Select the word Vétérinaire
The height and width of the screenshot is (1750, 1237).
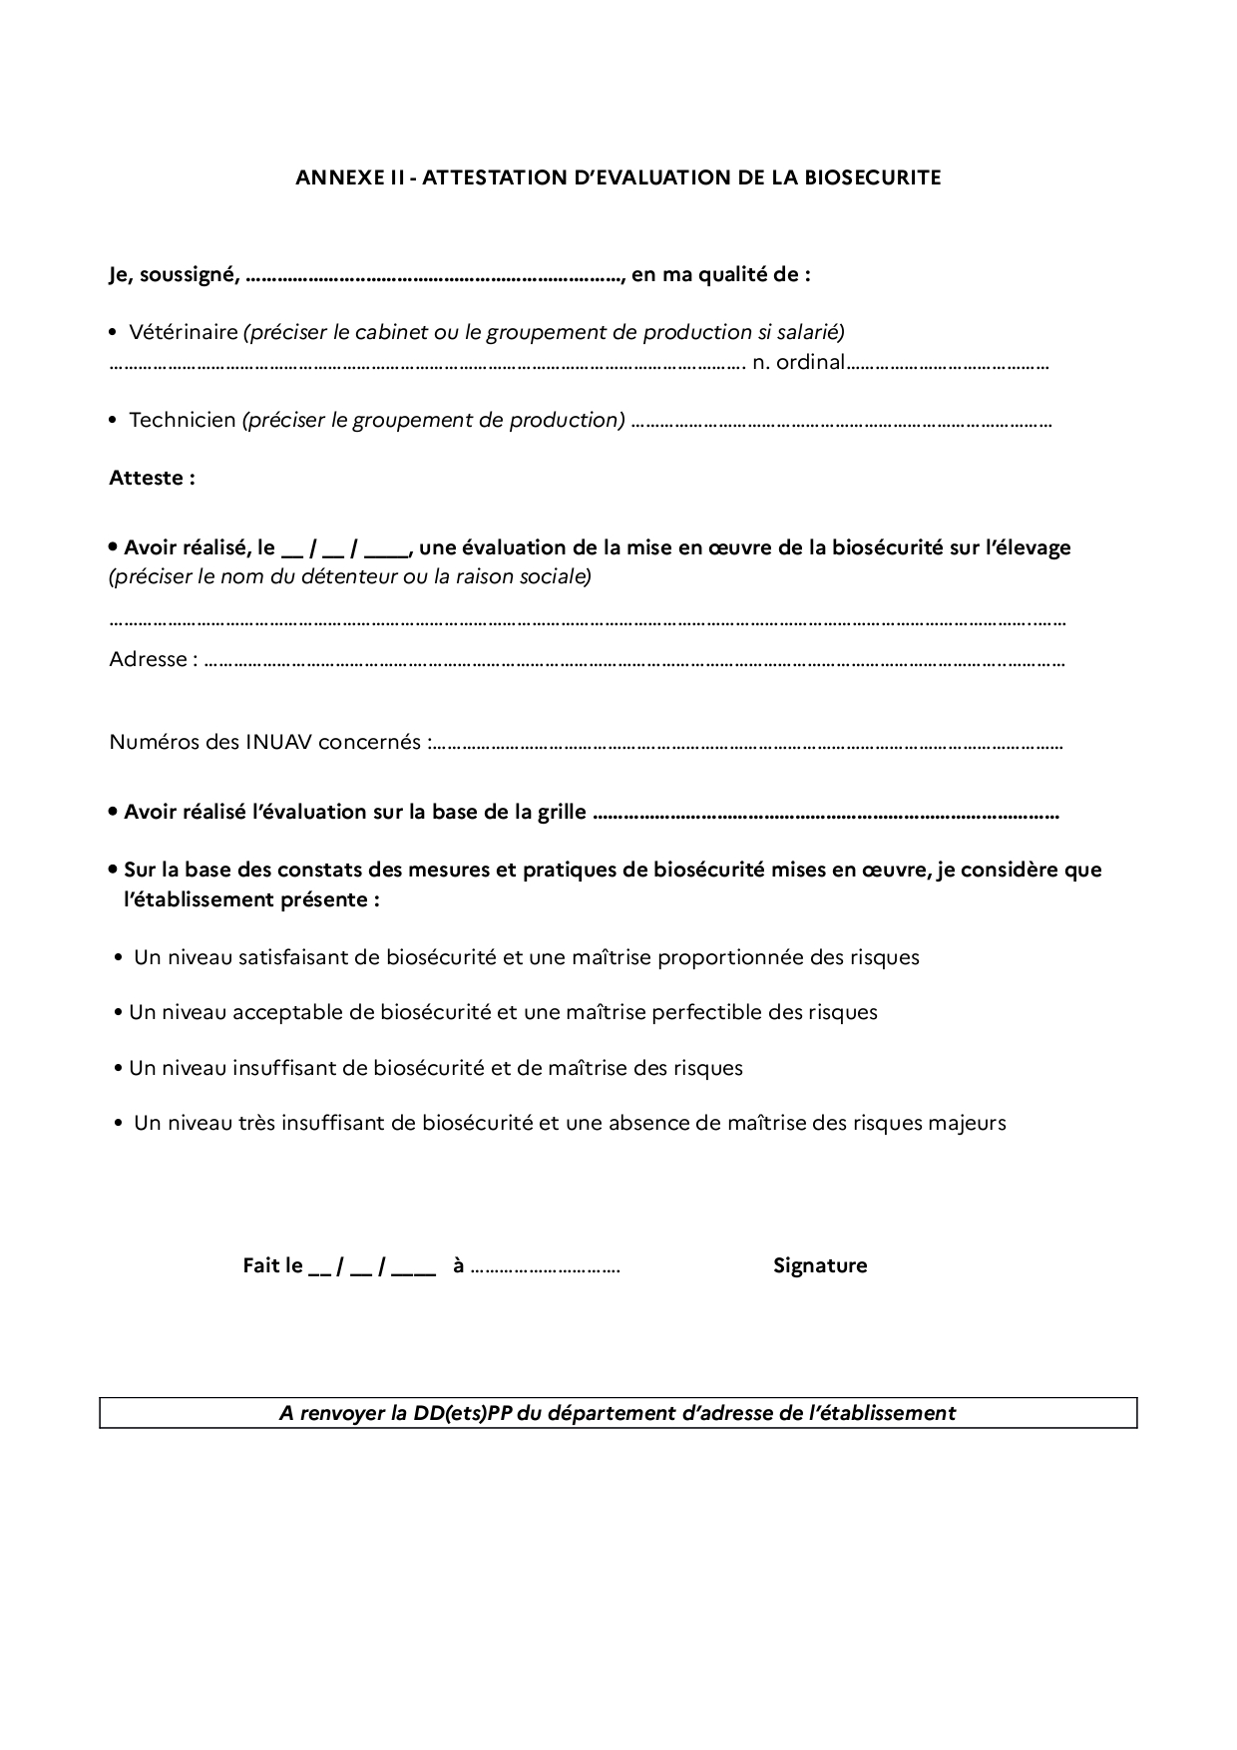(183, 332)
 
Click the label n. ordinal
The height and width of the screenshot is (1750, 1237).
(798, 362)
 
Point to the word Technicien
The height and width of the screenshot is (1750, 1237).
(182, 420)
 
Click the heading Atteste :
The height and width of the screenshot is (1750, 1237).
(152, 478)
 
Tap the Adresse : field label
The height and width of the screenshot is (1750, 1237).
(153, 659)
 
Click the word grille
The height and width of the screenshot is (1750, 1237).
(562, 813)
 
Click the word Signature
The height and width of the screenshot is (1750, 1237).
(820, 1266)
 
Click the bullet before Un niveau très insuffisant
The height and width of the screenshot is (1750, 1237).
(119, 1124)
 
